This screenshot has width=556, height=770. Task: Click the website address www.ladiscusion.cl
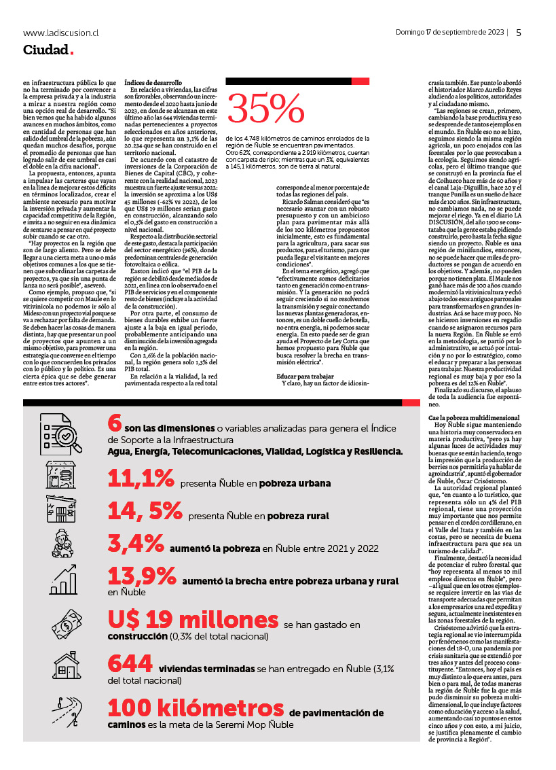click(x=61, y=32)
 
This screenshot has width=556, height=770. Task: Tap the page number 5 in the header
click(x=519, y=32)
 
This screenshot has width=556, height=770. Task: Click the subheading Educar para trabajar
click(x=305, y=375)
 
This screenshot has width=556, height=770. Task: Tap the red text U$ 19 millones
click(x=193, y=620)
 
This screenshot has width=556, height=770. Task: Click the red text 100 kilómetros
click(x=196, y=708)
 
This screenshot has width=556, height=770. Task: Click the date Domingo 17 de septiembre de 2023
click(x=449, y=32)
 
